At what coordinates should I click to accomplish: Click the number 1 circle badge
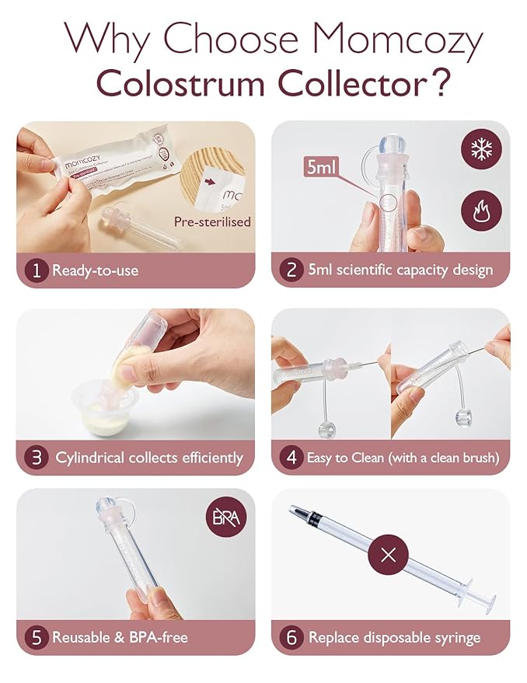pyautogui.click(x=35, y=270)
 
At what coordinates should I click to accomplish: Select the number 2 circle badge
pyautogui.click(x=290, y=270)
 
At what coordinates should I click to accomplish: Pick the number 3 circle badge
pyautogui.click(x=35, y=457)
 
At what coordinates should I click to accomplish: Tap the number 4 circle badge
pyautogui.click(x=290, y=457)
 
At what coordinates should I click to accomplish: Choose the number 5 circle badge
pyautogui.click(x=35, y=637)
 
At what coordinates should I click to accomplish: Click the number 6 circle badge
pyautogui.click(x=290, y=637)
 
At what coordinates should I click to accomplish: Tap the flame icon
pyautogui.click(x=480, y=211)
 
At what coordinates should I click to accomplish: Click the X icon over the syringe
pyautogui.click(x=390, y=555)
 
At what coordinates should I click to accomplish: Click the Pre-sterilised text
pyautogui.click(x=212, y=221)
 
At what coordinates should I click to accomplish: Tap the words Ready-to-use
pyautogui.click(x=94, y=270)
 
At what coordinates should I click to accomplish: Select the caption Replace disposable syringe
pyautogui.click(x=393, y=637)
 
